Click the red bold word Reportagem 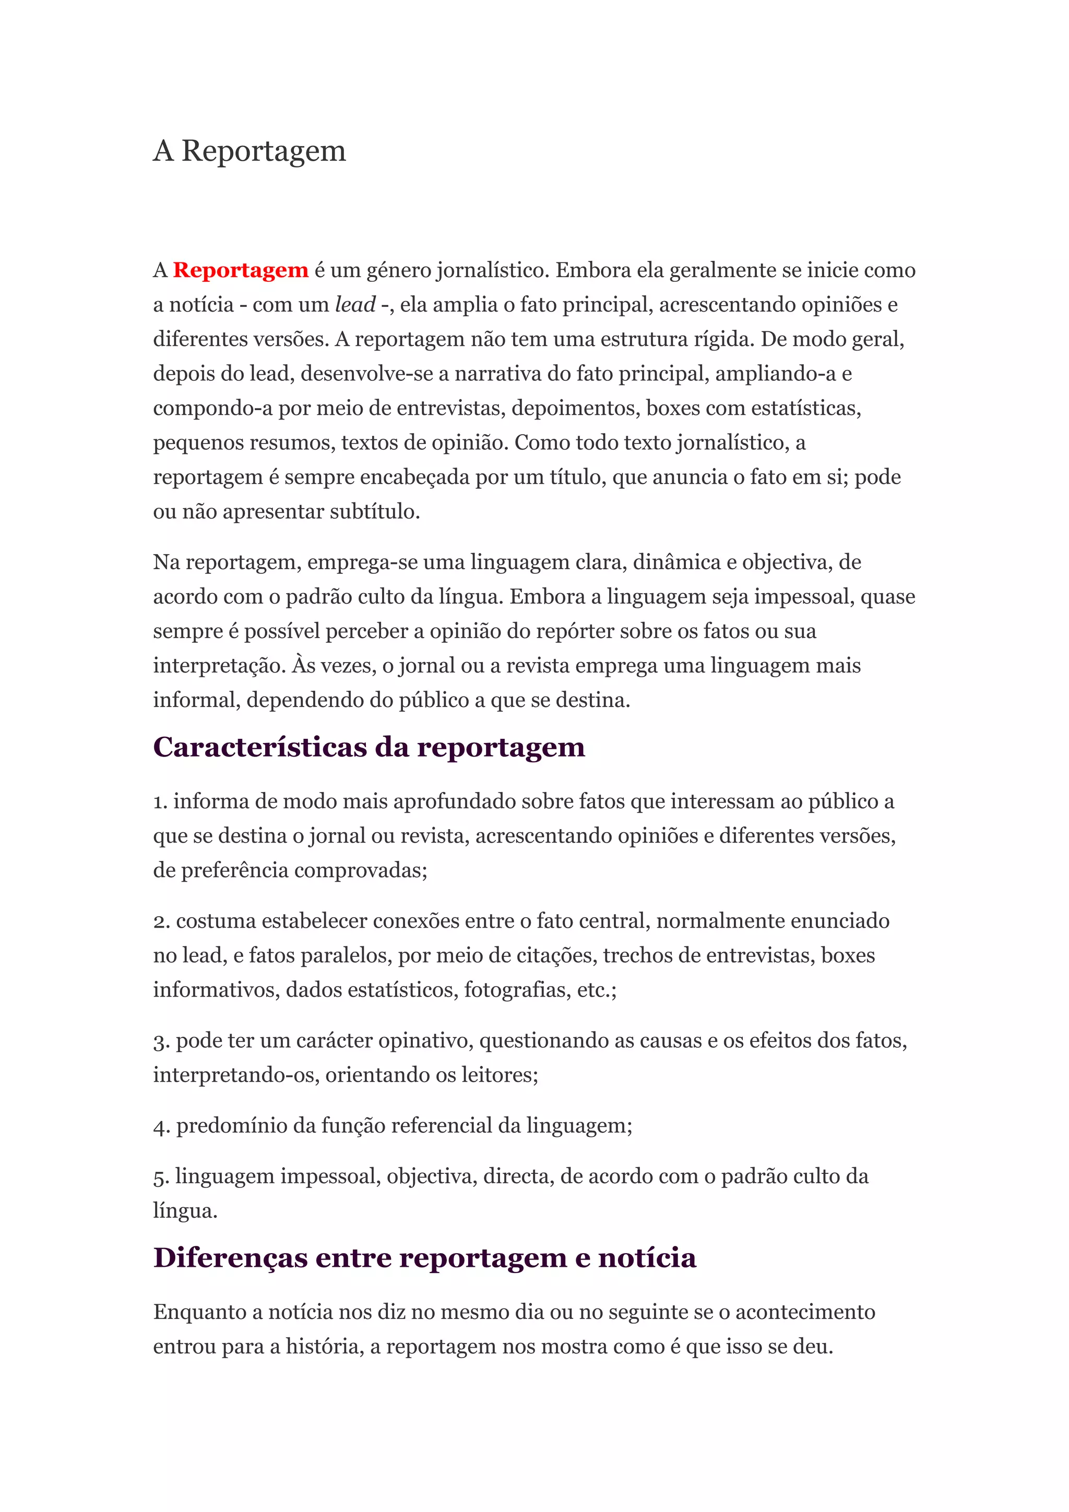241,271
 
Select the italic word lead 355,305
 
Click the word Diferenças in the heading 231,1258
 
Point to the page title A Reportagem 249,151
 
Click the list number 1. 160,802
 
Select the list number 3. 161,1041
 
